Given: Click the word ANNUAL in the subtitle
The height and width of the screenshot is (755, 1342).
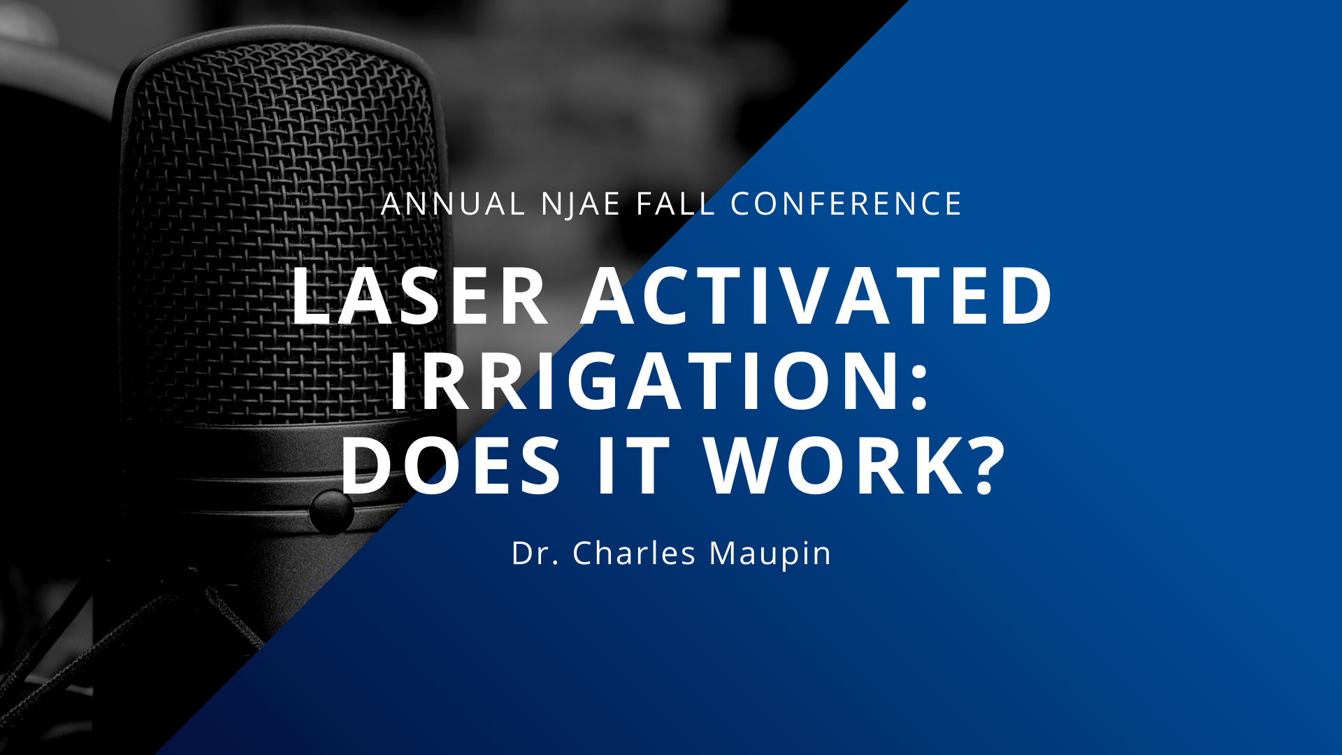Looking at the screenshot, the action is [453, 204].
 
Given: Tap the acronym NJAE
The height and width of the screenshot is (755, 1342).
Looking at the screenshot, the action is [581, 204].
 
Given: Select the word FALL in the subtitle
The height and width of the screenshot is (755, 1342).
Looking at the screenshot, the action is [676, 204].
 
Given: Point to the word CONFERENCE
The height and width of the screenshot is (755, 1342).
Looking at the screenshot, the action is [846, 204].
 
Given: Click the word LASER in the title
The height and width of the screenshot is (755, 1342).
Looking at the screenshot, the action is [420, 296].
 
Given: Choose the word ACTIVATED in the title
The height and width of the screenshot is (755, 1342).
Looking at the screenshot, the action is [816, 296].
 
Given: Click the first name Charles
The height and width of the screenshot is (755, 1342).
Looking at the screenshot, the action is [634, 553].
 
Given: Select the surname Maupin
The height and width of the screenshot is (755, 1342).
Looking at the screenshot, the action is [770, 554].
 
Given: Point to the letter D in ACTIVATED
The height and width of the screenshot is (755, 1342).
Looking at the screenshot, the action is [1026, 296].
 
